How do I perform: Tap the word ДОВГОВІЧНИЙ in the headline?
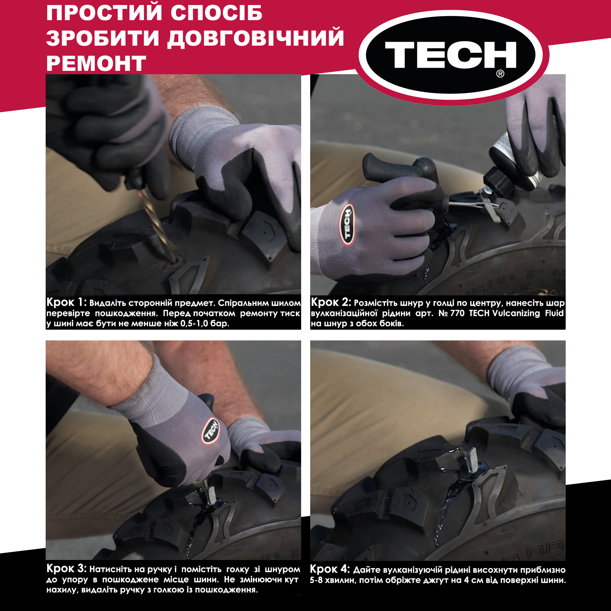[256, 38]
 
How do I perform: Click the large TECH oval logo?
[454, 55]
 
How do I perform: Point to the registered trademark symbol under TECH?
[500, 74]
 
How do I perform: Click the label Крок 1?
[66, 302]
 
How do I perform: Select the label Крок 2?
[331, 302]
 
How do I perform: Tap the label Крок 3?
[66, 569]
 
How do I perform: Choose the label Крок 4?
[330, 569]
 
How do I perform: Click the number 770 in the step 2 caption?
[457, 313]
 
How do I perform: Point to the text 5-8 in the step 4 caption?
[316, 580]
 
